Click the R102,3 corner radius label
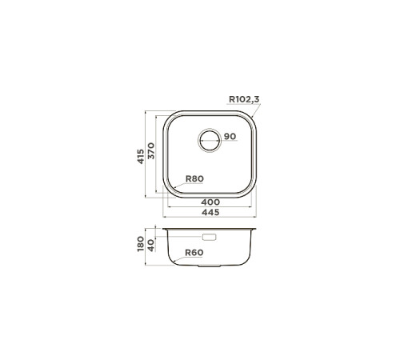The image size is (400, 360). click(x=243, y=99)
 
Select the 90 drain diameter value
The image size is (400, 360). click(x=230, y=138)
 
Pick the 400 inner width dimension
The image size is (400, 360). click(x=210, y=202)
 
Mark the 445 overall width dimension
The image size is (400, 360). click(x=210, y=213)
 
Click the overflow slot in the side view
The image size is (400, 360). click(x=210, y=237)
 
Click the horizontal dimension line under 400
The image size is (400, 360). click(x=210, y=207)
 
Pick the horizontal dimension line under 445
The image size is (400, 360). click(x=210, y=217)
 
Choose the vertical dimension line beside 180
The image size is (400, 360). click(x=146, y=248)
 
